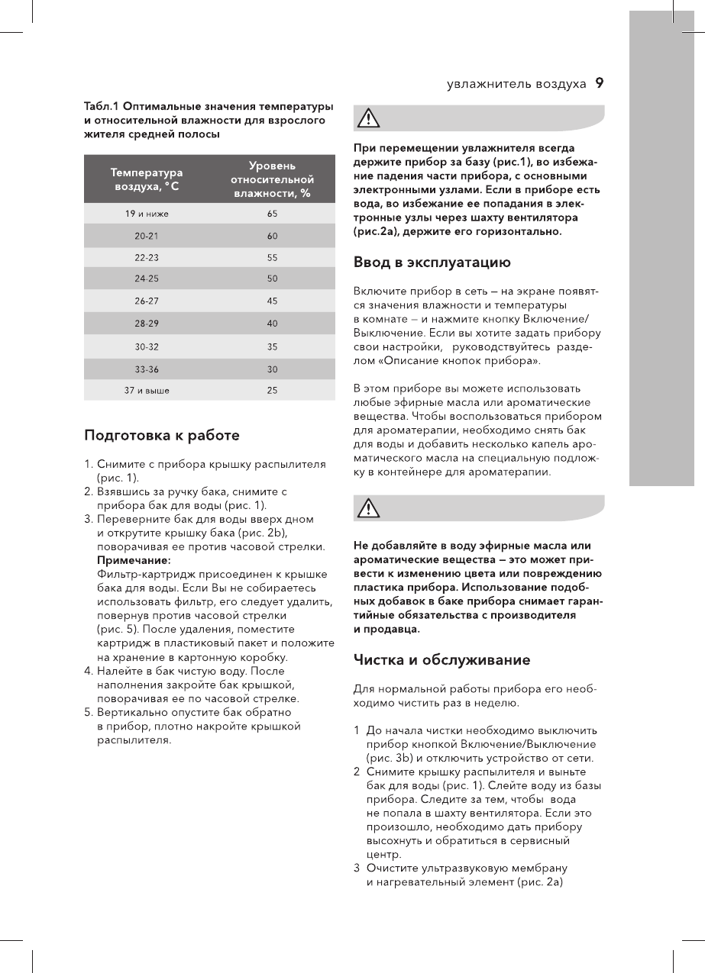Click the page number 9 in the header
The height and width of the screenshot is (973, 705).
(600, 83)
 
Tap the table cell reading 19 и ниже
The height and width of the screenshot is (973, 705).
(147, 214)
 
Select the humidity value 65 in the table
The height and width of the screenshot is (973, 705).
(273, 214)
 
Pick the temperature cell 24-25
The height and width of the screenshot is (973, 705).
(147, 279)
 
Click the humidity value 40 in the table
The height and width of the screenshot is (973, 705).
(273, 324)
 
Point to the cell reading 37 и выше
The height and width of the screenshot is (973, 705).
(147, 390)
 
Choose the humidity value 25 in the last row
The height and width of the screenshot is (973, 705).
(273, 390)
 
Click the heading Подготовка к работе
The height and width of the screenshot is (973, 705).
(161, 437)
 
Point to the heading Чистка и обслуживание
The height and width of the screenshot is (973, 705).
(441, 659)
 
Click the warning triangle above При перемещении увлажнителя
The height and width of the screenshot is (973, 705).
(369, 118)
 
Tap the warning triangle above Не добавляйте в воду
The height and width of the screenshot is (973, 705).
(369, 507)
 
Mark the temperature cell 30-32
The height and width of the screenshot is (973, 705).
(147, 346)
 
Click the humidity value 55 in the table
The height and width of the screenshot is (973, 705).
(273, 258)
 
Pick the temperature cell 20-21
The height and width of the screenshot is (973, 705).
(147, 236)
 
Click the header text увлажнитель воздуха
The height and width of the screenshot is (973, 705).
(516, 84)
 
